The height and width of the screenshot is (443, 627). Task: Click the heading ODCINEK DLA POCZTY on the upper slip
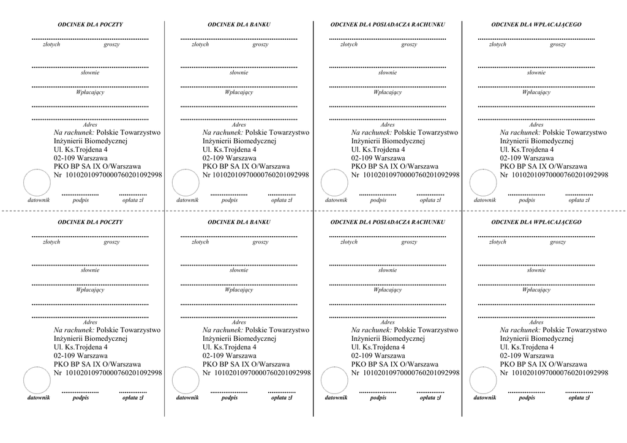90,24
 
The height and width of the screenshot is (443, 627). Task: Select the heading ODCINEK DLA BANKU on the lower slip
239,222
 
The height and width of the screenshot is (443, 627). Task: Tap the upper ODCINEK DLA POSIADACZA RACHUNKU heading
387,24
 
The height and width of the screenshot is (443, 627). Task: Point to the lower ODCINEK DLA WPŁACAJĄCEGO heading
536,222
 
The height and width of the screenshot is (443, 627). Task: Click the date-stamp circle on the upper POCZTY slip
37,183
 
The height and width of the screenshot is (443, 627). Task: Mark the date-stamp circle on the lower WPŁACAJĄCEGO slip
483,381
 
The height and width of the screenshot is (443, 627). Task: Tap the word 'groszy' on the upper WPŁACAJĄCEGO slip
557,45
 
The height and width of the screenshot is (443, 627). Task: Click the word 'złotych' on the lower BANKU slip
200,242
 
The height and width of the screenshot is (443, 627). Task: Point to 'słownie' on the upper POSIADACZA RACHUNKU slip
387,73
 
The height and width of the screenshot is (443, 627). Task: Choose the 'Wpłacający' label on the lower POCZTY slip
90,290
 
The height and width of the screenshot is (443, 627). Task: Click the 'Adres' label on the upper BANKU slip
239,124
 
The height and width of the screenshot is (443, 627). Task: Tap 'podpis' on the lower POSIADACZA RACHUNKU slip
378,398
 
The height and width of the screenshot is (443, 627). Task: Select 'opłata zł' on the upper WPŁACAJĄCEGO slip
579,200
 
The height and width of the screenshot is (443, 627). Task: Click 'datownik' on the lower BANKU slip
187,398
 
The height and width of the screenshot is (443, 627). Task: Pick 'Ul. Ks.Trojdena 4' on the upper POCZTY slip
80,149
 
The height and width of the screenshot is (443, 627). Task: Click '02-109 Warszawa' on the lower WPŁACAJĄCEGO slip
527,355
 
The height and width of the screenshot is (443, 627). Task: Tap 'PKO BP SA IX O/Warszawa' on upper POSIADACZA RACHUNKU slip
394,166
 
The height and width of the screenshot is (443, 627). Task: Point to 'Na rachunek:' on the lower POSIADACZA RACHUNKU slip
370,330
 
